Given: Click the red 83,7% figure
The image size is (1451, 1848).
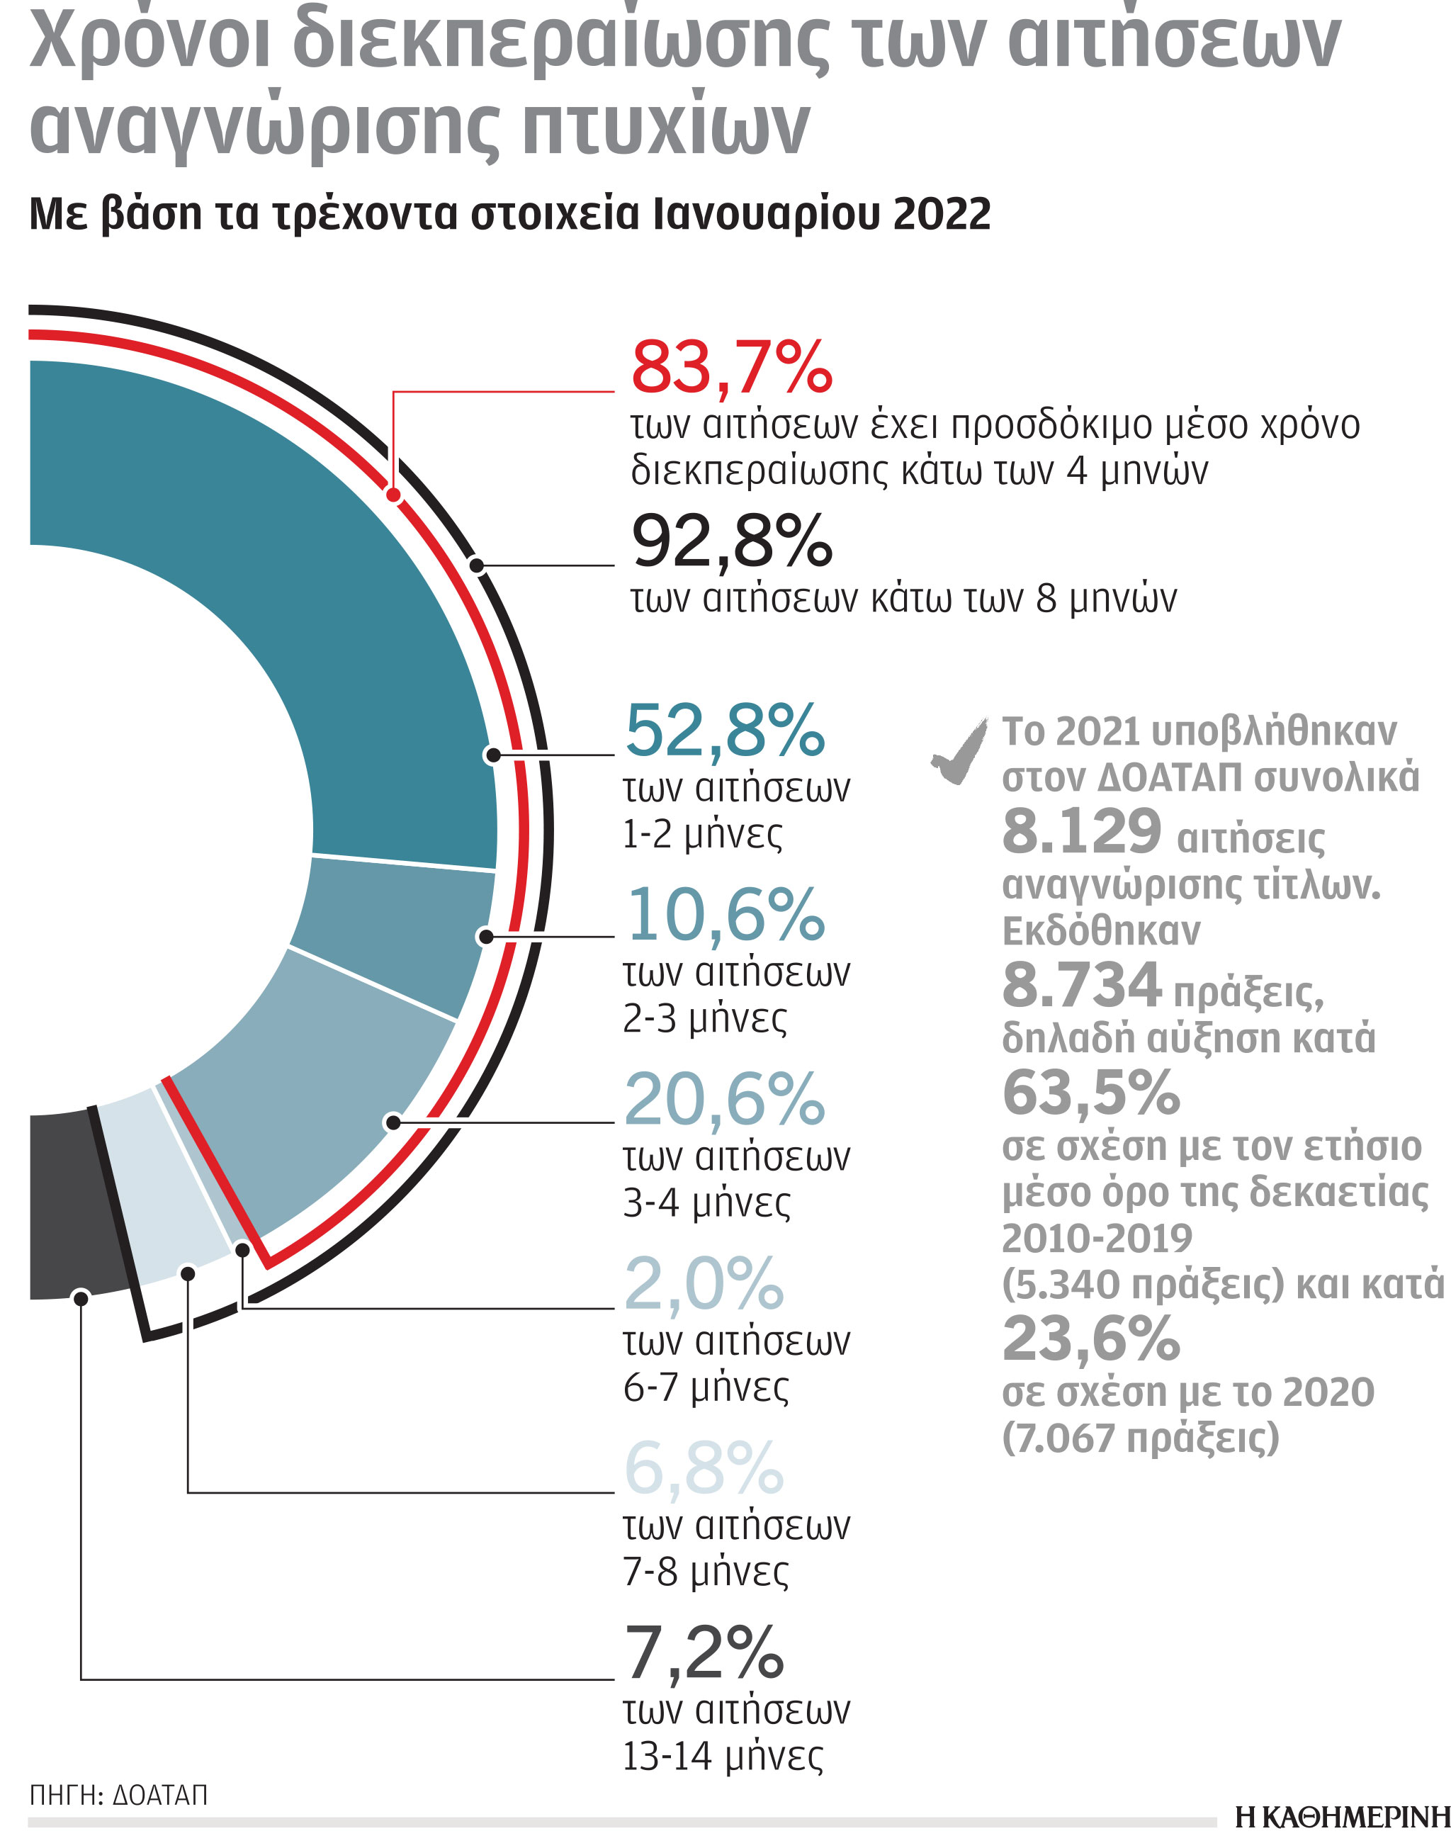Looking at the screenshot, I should (x=731, y=368).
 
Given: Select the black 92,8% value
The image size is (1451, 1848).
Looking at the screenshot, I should (x=731, y=541).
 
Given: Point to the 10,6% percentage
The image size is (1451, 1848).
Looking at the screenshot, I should (x=725, y=915).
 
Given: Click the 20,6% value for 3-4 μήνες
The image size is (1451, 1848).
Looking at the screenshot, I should (x=725, y=1100).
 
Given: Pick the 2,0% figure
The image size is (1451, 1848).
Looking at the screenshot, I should (x=704, y=1284).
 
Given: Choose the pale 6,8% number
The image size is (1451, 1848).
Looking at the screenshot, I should (x=704, y=1468).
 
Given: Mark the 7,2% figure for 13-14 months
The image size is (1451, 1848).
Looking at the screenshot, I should (x=704, y=1652).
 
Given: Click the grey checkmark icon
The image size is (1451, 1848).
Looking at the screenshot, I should (x=961, y=751).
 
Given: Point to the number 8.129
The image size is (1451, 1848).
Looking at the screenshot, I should (x=1081, y=832).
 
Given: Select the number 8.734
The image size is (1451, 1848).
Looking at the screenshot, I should (x=1081, y=986).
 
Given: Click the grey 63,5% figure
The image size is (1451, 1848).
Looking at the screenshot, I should (x=1091, y=1093).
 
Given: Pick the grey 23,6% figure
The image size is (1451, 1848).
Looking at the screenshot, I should (x=1091, y=1340).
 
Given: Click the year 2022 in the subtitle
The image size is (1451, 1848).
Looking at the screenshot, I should (x=942, y=214).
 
